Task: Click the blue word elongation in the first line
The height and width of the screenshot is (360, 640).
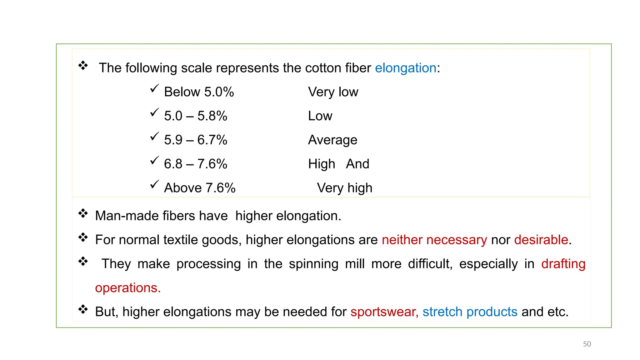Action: (405, 68)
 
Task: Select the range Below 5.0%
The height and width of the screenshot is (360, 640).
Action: (199, 92)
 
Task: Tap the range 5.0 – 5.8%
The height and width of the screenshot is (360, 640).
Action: (196, 116)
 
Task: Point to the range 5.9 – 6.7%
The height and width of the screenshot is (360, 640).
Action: (196, 140)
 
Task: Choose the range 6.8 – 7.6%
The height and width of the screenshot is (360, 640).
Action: (196, 164)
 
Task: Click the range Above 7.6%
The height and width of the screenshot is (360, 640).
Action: (200, 188)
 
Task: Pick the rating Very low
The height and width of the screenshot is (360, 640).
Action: (333, 92)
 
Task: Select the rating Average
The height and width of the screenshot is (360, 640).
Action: (332, 140)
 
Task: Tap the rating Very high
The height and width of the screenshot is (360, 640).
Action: (344, 188)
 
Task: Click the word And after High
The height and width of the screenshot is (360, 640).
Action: (357, 164)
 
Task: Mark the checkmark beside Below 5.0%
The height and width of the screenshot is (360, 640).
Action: (154, 88)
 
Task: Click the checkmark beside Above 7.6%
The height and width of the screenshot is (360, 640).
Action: (154, 184)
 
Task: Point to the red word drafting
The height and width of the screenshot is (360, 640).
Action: (563, 264)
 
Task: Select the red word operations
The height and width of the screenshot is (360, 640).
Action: (128, 288)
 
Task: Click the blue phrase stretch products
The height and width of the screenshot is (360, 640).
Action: (470, 312)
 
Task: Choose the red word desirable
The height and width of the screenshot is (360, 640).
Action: (541, 240)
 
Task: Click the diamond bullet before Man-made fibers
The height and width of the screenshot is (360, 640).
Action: (83, 213)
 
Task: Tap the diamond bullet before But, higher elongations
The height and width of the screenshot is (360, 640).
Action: (83, 309)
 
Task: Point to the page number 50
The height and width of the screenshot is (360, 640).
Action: (587, 344)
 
